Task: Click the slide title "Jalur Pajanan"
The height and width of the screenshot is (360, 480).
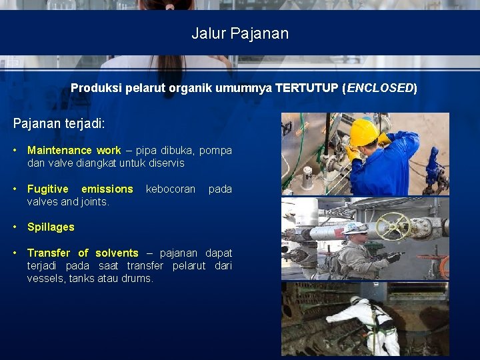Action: (x=240, y=33)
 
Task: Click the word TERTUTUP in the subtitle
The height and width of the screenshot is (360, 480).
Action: (x=307, y=88)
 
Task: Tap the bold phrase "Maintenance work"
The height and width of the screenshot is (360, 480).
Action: (x=74, y=151)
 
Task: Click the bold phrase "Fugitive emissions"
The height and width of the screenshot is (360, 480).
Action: (x=80, y=189)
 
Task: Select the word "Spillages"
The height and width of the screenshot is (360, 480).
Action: (x=51, y=227)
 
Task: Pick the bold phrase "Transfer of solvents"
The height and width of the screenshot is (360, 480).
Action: (x=83, y=253)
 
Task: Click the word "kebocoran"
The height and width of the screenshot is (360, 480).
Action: (x=170, y=189)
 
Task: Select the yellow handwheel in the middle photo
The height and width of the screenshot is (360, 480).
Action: (x=391, y=225)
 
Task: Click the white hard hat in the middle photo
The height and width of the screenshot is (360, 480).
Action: (x=355, y=228)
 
